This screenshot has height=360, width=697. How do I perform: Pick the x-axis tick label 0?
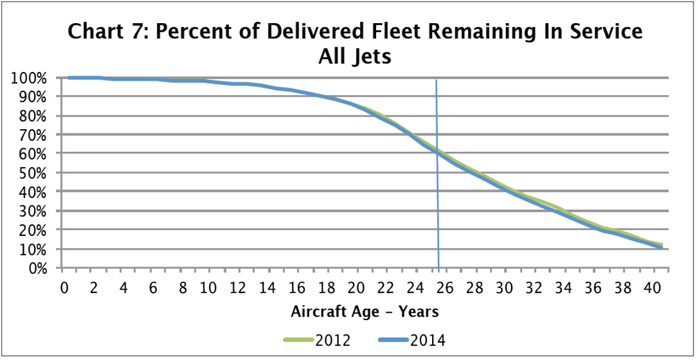65,288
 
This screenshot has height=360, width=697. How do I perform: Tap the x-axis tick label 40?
653,288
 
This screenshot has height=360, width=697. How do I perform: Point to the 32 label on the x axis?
534,288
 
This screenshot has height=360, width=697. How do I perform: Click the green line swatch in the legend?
297,340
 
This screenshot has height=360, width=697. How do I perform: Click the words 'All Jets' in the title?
355,57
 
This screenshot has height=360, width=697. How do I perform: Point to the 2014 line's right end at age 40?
660,247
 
